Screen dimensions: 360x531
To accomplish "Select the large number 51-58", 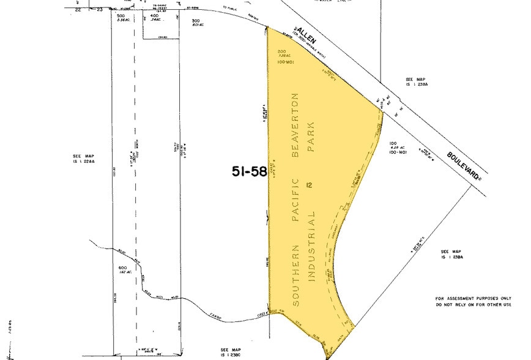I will pos(250,171).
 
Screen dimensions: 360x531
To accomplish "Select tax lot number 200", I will pos(281,51).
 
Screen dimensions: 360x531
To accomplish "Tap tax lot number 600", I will pos(122,269).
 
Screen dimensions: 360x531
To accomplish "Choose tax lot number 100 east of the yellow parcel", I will pos(394,144).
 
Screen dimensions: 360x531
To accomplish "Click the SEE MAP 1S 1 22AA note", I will pos(81,160).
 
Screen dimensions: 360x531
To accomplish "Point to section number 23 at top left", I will pos(99,10).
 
